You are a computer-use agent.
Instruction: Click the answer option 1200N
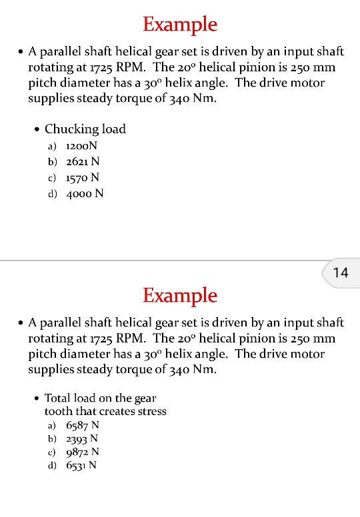[82, 145]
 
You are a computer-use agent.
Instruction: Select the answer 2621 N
[83, 161]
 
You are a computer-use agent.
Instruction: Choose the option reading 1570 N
[83, 177]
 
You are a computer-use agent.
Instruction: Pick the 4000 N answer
[85, 194]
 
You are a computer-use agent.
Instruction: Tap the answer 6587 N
[82, 425]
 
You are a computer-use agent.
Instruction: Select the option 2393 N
[82, 438]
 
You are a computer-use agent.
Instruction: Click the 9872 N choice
[82, 452]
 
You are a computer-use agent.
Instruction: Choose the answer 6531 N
[81, 466]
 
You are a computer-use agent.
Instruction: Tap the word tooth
[58, 411]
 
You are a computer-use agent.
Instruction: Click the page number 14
[340, 272]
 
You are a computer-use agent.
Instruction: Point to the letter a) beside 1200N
[52, 146]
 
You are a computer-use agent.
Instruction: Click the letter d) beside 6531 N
[52, 466]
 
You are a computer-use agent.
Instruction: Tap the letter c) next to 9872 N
[52, 453]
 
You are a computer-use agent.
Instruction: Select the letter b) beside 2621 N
[52, 162]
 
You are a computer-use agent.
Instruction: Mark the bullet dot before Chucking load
[36, 129]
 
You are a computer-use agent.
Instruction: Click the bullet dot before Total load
[36, 398]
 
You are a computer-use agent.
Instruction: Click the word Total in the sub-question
[57, 398]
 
